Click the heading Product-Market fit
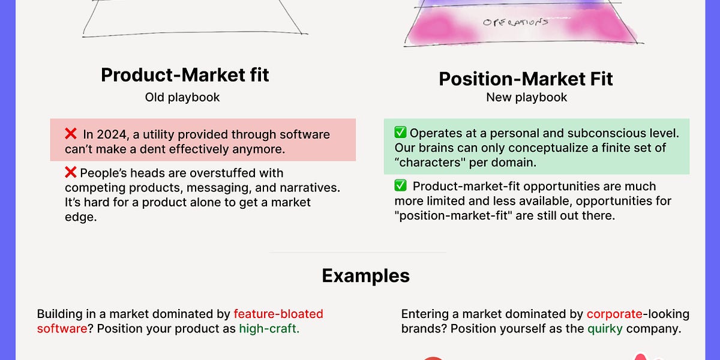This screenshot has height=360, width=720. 185,75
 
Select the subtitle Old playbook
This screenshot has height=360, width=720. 182,97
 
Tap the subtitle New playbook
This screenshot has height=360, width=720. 526,97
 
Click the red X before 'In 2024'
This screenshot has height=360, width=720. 71,134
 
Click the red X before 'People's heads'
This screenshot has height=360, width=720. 70,173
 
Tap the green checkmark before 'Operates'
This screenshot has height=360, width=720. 400,133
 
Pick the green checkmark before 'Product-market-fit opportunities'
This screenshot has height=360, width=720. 400,187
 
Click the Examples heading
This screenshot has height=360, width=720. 365,275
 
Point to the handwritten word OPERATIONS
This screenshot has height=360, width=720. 515,22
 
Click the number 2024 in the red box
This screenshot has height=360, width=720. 111,134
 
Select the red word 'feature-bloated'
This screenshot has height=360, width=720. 278,314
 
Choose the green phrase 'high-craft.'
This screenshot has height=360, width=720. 269,329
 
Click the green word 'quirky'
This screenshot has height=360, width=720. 604,329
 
